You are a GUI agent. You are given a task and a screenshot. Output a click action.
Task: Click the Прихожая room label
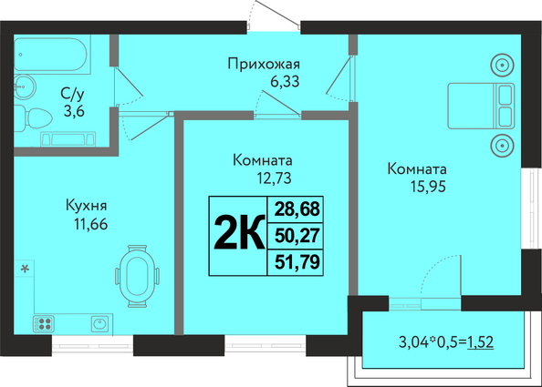point(264,64)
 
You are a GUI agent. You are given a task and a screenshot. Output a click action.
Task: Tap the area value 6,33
point(285,82)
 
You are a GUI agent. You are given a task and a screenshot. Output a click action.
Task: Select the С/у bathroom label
point(72,93)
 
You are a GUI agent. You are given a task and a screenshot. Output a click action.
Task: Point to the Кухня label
point(87,206)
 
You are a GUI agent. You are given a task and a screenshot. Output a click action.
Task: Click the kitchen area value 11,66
point(90,225)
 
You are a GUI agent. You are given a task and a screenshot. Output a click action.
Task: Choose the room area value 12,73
point(274,178)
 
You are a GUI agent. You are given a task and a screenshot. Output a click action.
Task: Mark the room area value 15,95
point(428,187)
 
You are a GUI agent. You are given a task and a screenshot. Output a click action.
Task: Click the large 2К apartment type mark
point(239,233)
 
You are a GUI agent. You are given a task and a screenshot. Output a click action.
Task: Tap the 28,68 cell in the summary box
point(297,209)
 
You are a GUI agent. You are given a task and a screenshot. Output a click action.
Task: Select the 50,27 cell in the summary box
point(297,236)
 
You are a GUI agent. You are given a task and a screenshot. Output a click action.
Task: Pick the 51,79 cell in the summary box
point(297,262)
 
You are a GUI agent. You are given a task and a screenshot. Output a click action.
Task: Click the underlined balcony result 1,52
point(480,342)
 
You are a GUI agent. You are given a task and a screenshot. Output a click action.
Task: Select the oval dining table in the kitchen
point(137,276)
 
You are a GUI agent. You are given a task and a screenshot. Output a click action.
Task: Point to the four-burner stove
point(43,324)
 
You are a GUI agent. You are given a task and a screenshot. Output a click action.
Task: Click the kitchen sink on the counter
point(100,324)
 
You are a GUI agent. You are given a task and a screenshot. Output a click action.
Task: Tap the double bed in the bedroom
point(481,106)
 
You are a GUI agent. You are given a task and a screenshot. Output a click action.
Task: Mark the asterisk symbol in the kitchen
point(25,268)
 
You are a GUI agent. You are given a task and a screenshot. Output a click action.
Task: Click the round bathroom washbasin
point(25,86)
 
